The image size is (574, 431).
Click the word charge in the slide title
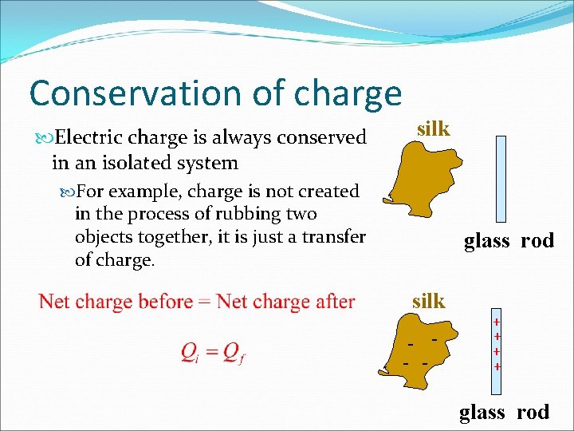pyautogui.click(x=348, y=94)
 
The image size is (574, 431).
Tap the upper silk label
pyautogui.click(x=434, y=129)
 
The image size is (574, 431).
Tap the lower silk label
pyautogui.click(x=428, y=301)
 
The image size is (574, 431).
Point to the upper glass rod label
pyautogui.click(x=509, y=241)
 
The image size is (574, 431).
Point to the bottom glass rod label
pyautogui.click(x=504, y=412)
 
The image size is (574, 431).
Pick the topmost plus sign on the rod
pyautogui.click(x=497, y=322)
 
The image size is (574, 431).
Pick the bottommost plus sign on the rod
pyautogui.click(x=497, y=367)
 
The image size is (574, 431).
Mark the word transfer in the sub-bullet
pyautogui.click(x=332, y=237)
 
